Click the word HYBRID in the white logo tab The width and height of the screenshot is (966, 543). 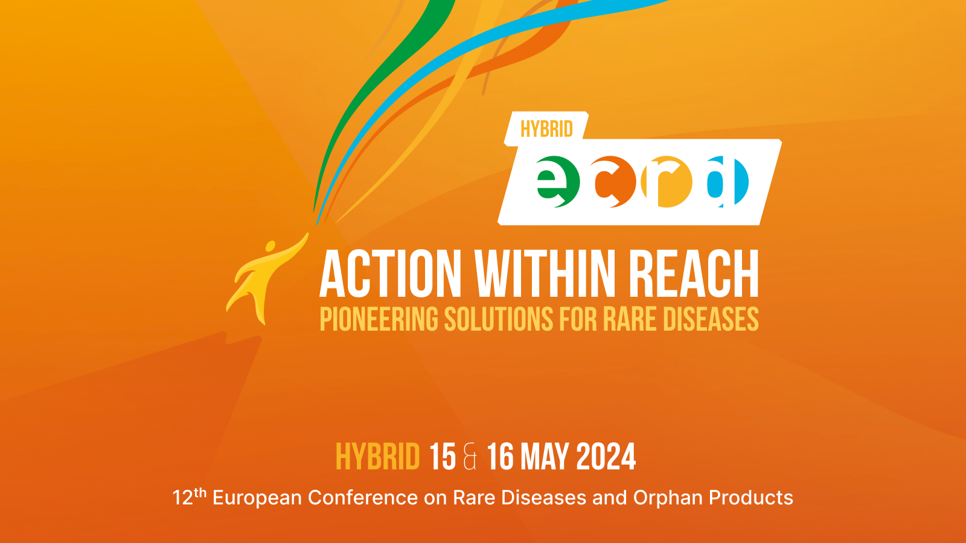click(x=546, y=129)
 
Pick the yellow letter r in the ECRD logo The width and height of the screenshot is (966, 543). click(x=666, y=182)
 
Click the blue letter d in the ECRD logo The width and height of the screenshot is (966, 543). click(x=728, y=182)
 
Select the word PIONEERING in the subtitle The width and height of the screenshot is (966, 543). click(x=379, y=319)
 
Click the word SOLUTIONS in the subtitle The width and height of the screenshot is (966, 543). click(x=499, y=319)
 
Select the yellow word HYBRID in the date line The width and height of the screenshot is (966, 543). click(x=378, y=457)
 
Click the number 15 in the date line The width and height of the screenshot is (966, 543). click(x=443, y=457)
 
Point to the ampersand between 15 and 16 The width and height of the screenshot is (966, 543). click(x=470, y=457)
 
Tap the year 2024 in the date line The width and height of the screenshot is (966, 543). click(x=606, y=457)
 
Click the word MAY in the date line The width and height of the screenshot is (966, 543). click(x=545, y=457)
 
